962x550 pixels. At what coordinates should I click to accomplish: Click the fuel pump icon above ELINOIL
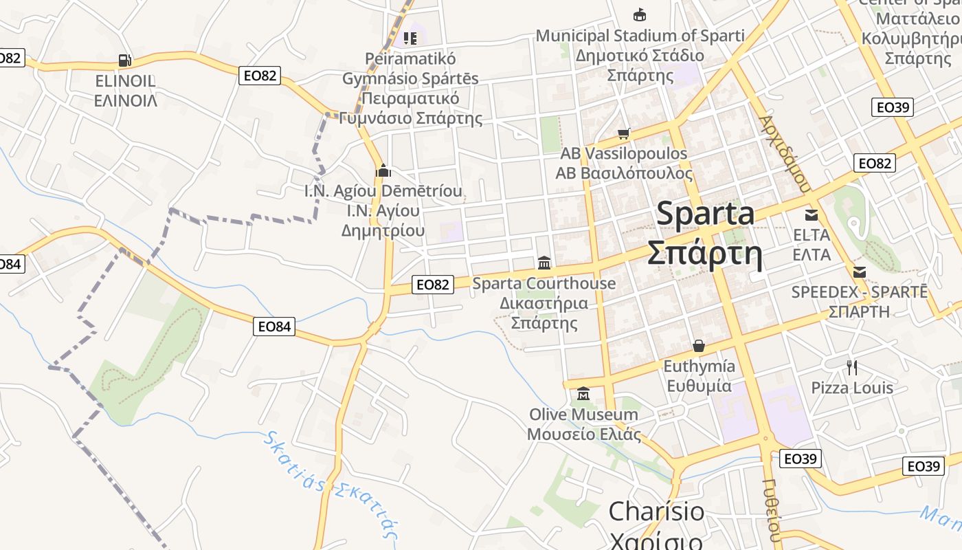(x=124, y=60)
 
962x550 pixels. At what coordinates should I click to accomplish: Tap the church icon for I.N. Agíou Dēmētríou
(x=383, y=170)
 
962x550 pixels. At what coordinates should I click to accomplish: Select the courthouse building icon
(x=544, y=263)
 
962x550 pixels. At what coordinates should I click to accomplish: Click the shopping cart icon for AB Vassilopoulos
(x=623, y=133)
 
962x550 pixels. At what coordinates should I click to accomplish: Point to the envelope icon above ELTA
(x=812, y=214)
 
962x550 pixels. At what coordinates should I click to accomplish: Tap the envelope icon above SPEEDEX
(x=859, y=272)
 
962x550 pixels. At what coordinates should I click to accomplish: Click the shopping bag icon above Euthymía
(x=699, y=346)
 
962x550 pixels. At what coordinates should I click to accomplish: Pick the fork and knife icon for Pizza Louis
(x=852, y=368)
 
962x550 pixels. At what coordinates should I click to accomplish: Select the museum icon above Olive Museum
(x=583, y=394)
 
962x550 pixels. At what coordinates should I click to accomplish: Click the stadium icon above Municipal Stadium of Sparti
(x=640, y=15)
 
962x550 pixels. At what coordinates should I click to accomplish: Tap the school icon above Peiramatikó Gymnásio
(x=410, y=38)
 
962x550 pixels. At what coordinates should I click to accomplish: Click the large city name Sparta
(x=705, y=214)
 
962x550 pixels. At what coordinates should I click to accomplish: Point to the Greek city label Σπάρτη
(x=705, y=254)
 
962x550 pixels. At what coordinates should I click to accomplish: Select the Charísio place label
(x=656, y=511)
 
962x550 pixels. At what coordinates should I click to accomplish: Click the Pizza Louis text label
(x=852, y=388)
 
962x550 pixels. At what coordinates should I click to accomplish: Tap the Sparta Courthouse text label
(x=544, y=283)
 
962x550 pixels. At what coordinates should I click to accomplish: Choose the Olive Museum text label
(x=583, y=415)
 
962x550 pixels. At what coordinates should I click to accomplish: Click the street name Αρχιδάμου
(x=785, y=153)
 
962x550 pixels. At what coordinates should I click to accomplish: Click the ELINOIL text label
(x=126, y=81)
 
